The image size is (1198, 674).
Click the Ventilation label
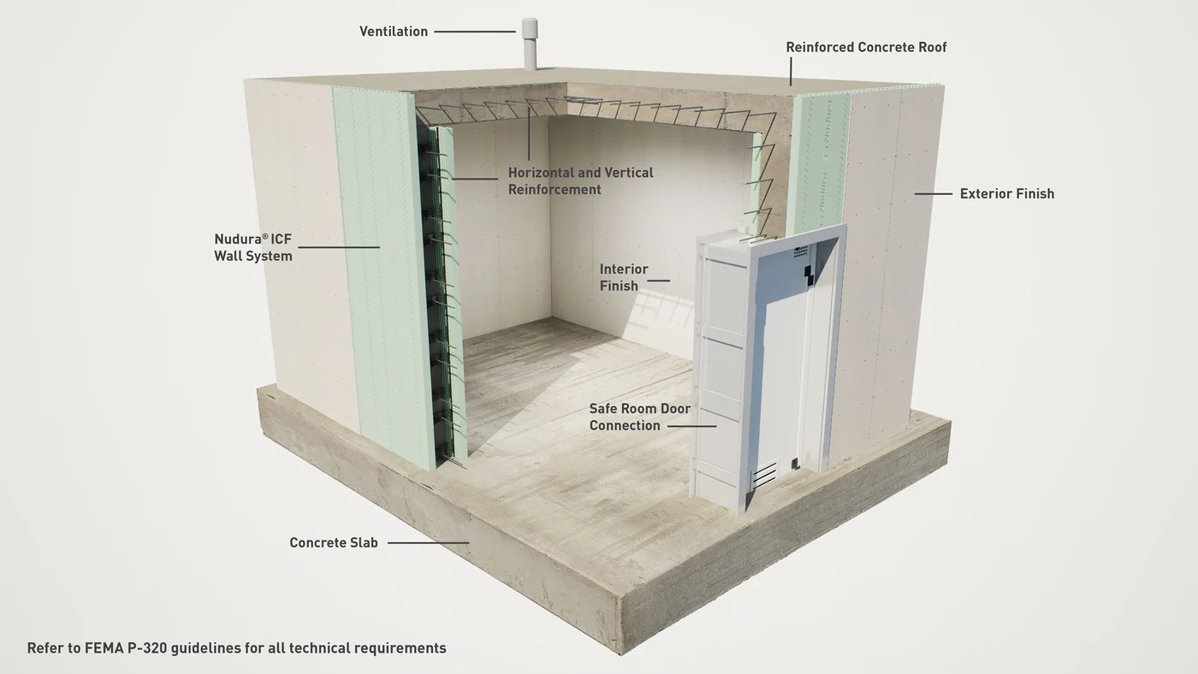click(393, 32)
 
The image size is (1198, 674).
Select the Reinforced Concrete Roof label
click(866, 47)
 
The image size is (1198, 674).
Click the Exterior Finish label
click(1006, 193)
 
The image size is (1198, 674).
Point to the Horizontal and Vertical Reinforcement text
click(580, 181)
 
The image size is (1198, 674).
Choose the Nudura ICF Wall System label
click(253, 247)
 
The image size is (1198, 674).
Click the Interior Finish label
click(624, 277)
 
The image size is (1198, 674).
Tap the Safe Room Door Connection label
click(640, 417)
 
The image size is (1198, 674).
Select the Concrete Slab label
click(333, 542)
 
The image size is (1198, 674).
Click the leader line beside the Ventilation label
click(475, 32)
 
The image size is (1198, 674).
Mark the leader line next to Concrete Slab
click(429, 543)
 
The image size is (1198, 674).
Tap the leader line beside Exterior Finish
click(934, 193)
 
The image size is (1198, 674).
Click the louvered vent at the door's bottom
click(764, 474)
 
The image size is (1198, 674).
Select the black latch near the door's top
click(808, 275)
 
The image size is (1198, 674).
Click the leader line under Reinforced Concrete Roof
click(791, 72)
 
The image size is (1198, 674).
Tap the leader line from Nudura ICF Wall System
click(339, 247)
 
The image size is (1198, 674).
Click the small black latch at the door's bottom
click(796, 464)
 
